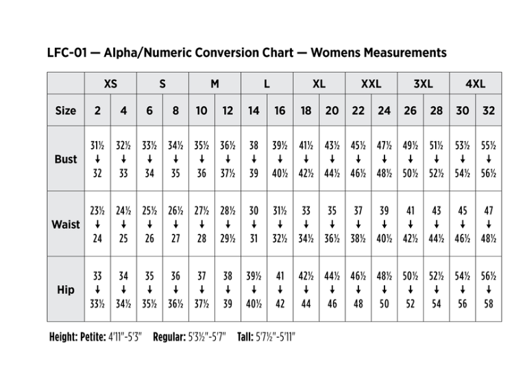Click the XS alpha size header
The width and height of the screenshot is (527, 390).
110,84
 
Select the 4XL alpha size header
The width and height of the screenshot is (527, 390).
475,84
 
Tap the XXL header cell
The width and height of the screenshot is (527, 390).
371,84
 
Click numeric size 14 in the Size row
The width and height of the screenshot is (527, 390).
254,110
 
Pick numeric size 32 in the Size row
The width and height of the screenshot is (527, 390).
489,110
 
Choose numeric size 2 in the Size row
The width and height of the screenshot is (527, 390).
97,110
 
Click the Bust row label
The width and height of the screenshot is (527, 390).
66,160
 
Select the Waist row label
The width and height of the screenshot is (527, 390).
66,225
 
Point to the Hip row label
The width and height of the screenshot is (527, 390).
66,290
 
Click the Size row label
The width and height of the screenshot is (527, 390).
66,110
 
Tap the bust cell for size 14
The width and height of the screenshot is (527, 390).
254,160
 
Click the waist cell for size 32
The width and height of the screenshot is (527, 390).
489,225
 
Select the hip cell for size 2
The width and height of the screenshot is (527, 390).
97,290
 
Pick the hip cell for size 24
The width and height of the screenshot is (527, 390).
384,290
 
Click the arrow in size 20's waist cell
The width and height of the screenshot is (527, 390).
332,225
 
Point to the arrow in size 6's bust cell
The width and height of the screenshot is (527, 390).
149,160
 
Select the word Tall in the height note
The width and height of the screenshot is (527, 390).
245,338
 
